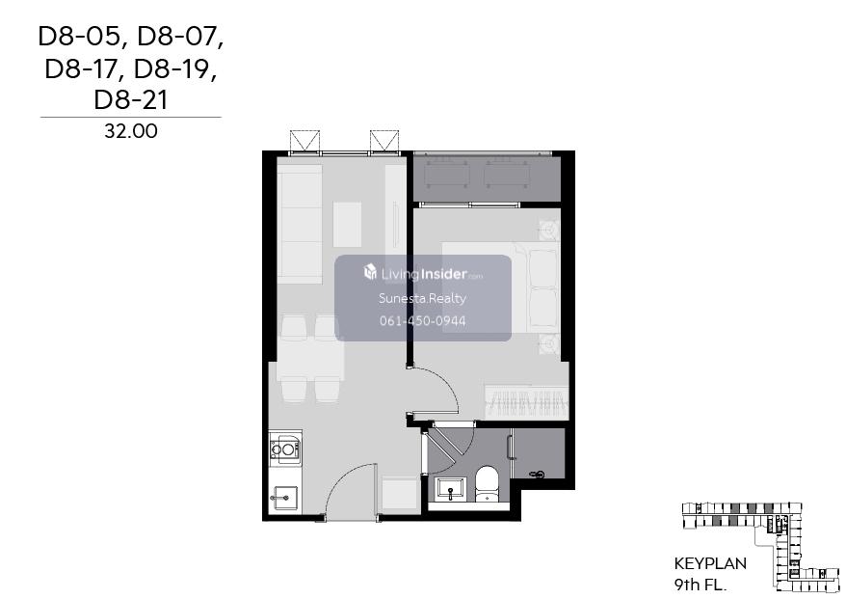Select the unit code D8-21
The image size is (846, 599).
click(x=131, y=100)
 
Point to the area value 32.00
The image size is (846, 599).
click(x=131, y=131)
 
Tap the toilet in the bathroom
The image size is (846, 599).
click(x=488, y=483)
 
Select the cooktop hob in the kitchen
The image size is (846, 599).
click(x=285, y=449)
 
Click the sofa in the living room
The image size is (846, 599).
click(x=300, y=224)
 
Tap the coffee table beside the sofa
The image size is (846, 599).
click(x=347, y=224)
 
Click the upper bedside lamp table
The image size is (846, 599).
click(x=548, y=231)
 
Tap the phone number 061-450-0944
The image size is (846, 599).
click(x=422, y=321)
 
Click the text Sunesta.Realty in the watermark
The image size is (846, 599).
click(x=422, y=298)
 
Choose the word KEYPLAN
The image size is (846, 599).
click(x=710, y=564)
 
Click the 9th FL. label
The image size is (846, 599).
click(x=701, y=585)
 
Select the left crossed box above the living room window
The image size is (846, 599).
click(x=304, y=142)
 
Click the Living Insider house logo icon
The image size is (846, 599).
click(x=370, y=272)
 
